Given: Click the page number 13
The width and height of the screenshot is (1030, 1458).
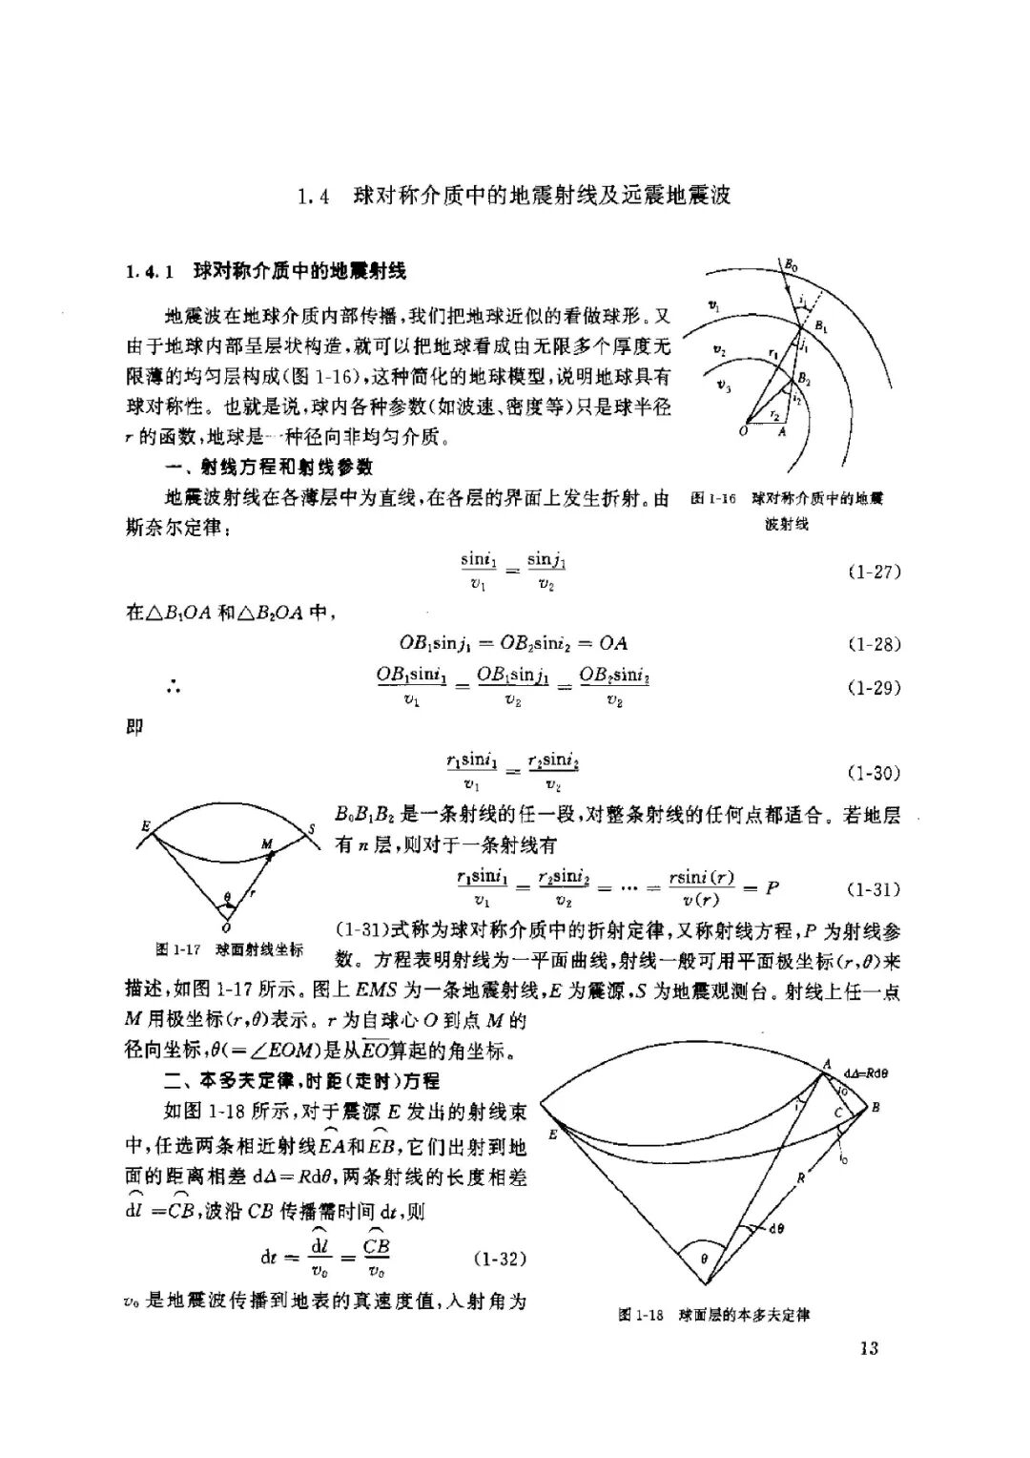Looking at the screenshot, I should (868, 1347).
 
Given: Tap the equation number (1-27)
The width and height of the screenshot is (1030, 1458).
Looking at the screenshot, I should (874, 572).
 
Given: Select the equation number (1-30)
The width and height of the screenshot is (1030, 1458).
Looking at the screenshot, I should (874, 773).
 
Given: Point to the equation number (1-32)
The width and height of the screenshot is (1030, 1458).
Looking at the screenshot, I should (500, 1259).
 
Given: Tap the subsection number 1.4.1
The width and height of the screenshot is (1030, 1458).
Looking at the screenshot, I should (148, 272).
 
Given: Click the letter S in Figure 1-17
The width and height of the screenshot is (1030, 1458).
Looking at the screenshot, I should (311, 829).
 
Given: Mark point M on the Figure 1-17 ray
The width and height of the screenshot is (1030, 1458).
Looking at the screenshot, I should (266, 845).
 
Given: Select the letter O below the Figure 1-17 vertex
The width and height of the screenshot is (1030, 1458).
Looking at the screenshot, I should (225, 927).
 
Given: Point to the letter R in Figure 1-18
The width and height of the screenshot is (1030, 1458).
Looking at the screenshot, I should (801, 1178).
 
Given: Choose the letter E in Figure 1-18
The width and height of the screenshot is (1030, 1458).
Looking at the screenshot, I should (553, 1135).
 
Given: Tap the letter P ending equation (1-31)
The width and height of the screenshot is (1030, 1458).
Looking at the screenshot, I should (772, 888).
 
